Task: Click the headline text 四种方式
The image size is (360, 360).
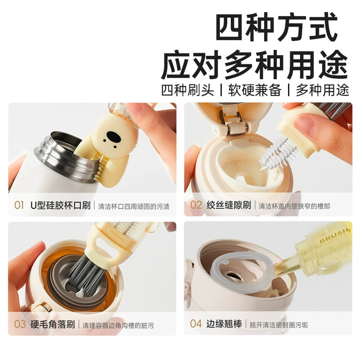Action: tap(276, 27)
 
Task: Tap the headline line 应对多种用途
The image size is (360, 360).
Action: tap(254, 65)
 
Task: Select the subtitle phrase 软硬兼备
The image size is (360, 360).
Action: tap(255, 90)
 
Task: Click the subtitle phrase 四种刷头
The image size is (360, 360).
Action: tap(187, 90)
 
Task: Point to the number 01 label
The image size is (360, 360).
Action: tap(19, 205)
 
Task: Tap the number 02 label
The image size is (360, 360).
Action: tap(196, 205)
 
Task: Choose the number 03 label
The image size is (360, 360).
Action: tap(20, 324)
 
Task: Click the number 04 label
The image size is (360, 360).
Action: tap(196, 324)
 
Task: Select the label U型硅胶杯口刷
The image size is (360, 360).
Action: tap(60, 205)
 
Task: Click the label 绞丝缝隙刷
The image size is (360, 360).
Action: tap(229, 205)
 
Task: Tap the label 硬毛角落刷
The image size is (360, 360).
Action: tap(53, 324)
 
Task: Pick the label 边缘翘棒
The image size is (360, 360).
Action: tap(224, 324)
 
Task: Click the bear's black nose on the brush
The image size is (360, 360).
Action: tap(114, 137)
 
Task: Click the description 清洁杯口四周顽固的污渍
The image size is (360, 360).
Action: tap(134, 207)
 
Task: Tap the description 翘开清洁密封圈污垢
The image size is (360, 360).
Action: tap(279, 325)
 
